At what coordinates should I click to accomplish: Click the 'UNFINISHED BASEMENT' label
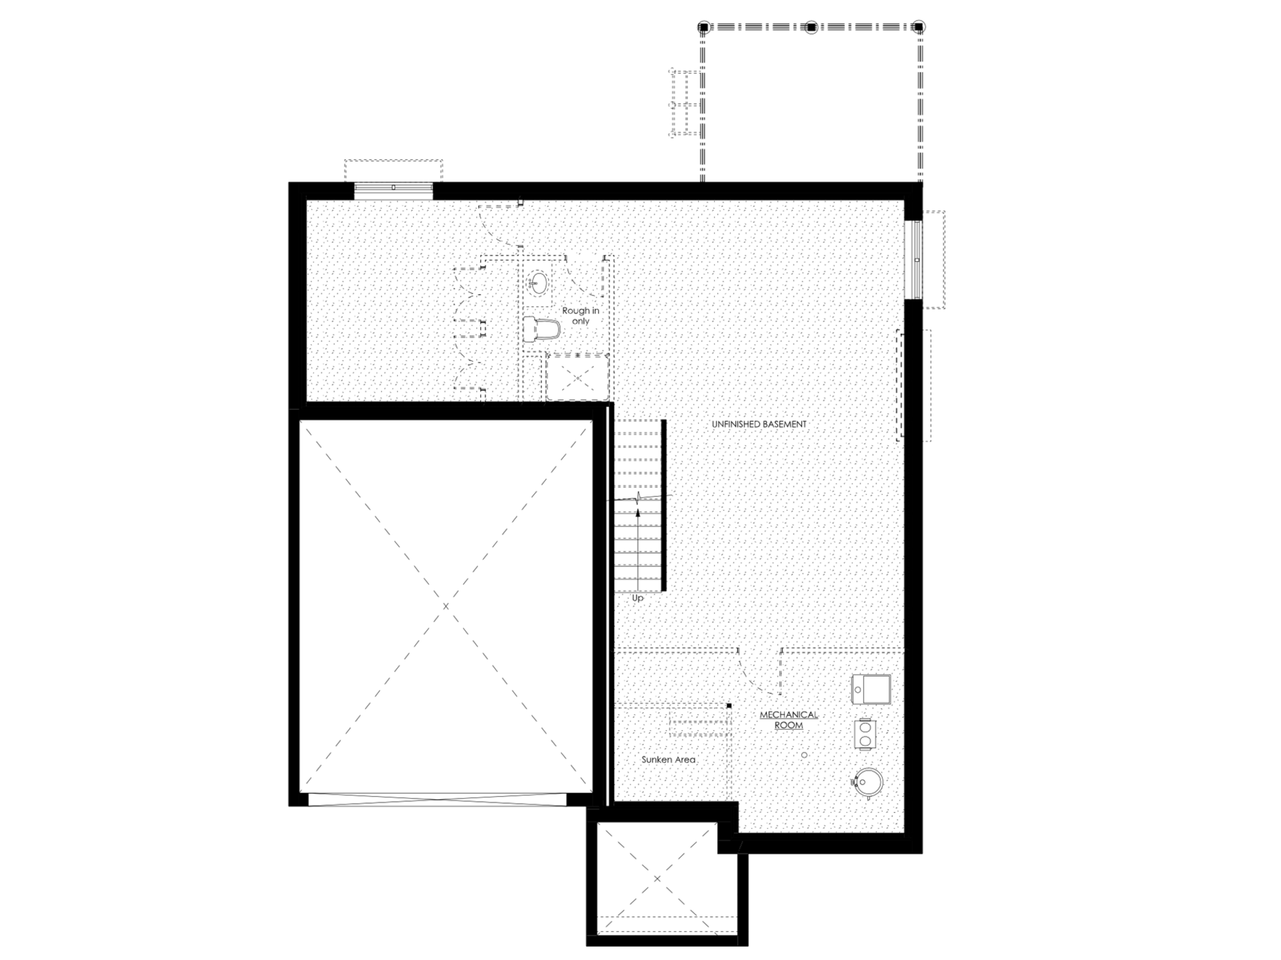pos(759,424)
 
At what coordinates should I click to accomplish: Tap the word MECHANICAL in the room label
pos(789,715)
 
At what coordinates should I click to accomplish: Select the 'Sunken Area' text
pos(668,760)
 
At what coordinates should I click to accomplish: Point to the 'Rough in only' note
pos(580,316)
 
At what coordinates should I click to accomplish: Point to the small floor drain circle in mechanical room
pos(804,755)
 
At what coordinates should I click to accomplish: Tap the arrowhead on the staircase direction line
pos(638,512)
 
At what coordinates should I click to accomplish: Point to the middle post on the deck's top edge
pos(811,27)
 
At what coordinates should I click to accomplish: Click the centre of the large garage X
pos(445,606)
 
